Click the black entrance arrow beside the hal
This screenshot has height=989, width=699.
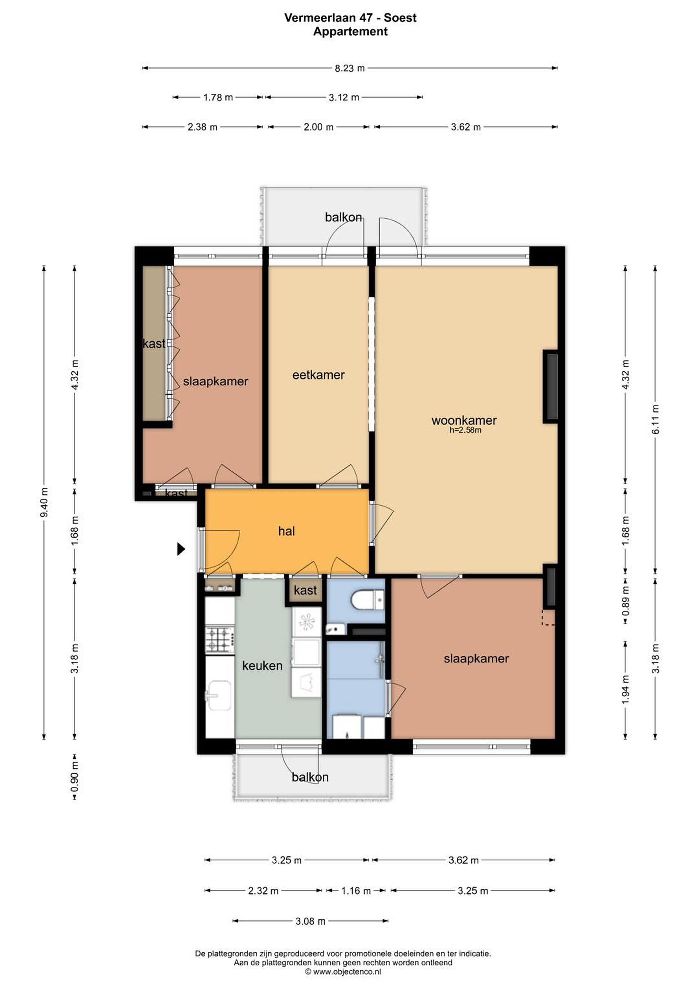point(181,549)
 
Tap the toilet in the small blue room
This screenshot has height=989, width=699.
point(367,600)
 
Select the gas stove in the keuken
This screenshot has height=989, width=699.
point(220,640)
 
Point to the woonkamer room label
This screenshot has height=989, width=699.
point(464,420)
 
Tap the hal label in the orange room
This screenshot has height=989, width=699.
point(286,531)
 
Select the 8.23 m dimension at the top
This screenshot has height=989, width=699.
point(350,68)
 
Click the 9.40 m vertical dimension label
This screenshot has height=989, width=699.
point(44,503)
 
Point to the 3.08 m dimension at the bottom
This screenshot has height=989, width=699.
point(310,921)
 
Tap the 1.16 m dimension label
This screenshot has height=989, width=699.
point(356,891)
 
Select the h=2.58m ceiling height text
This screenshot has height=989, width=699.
point(466,430)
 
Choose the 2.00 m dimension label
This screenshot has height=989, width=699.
point(318,127)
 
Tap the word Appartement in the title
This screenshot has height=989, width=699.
point(350,32)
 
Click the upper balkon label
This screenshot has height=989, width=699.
point(343,217)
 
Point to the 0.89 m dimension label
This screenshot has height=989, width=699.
point(626,601)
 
